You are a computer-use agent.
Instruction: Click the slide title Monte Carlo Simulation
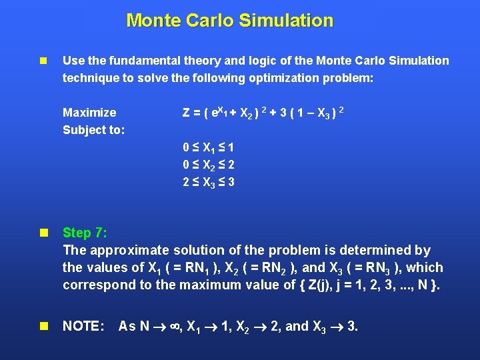229,21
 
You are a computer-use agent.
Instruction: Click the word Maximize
89,112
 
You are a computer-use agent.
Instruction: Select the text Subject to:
93,129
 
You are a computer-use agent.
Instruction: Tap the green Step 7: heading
85,233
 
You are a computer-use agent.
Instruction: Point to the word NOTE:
83,326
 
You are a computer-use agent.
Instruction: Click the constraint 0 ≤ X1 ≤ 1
208,147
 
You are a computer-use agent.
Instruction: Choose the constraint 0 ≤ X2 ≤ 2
209,164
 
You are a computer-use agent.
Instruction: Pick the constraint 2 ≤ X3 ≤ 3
209,181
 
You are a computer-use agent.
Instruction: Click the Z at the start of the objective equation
187,112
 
